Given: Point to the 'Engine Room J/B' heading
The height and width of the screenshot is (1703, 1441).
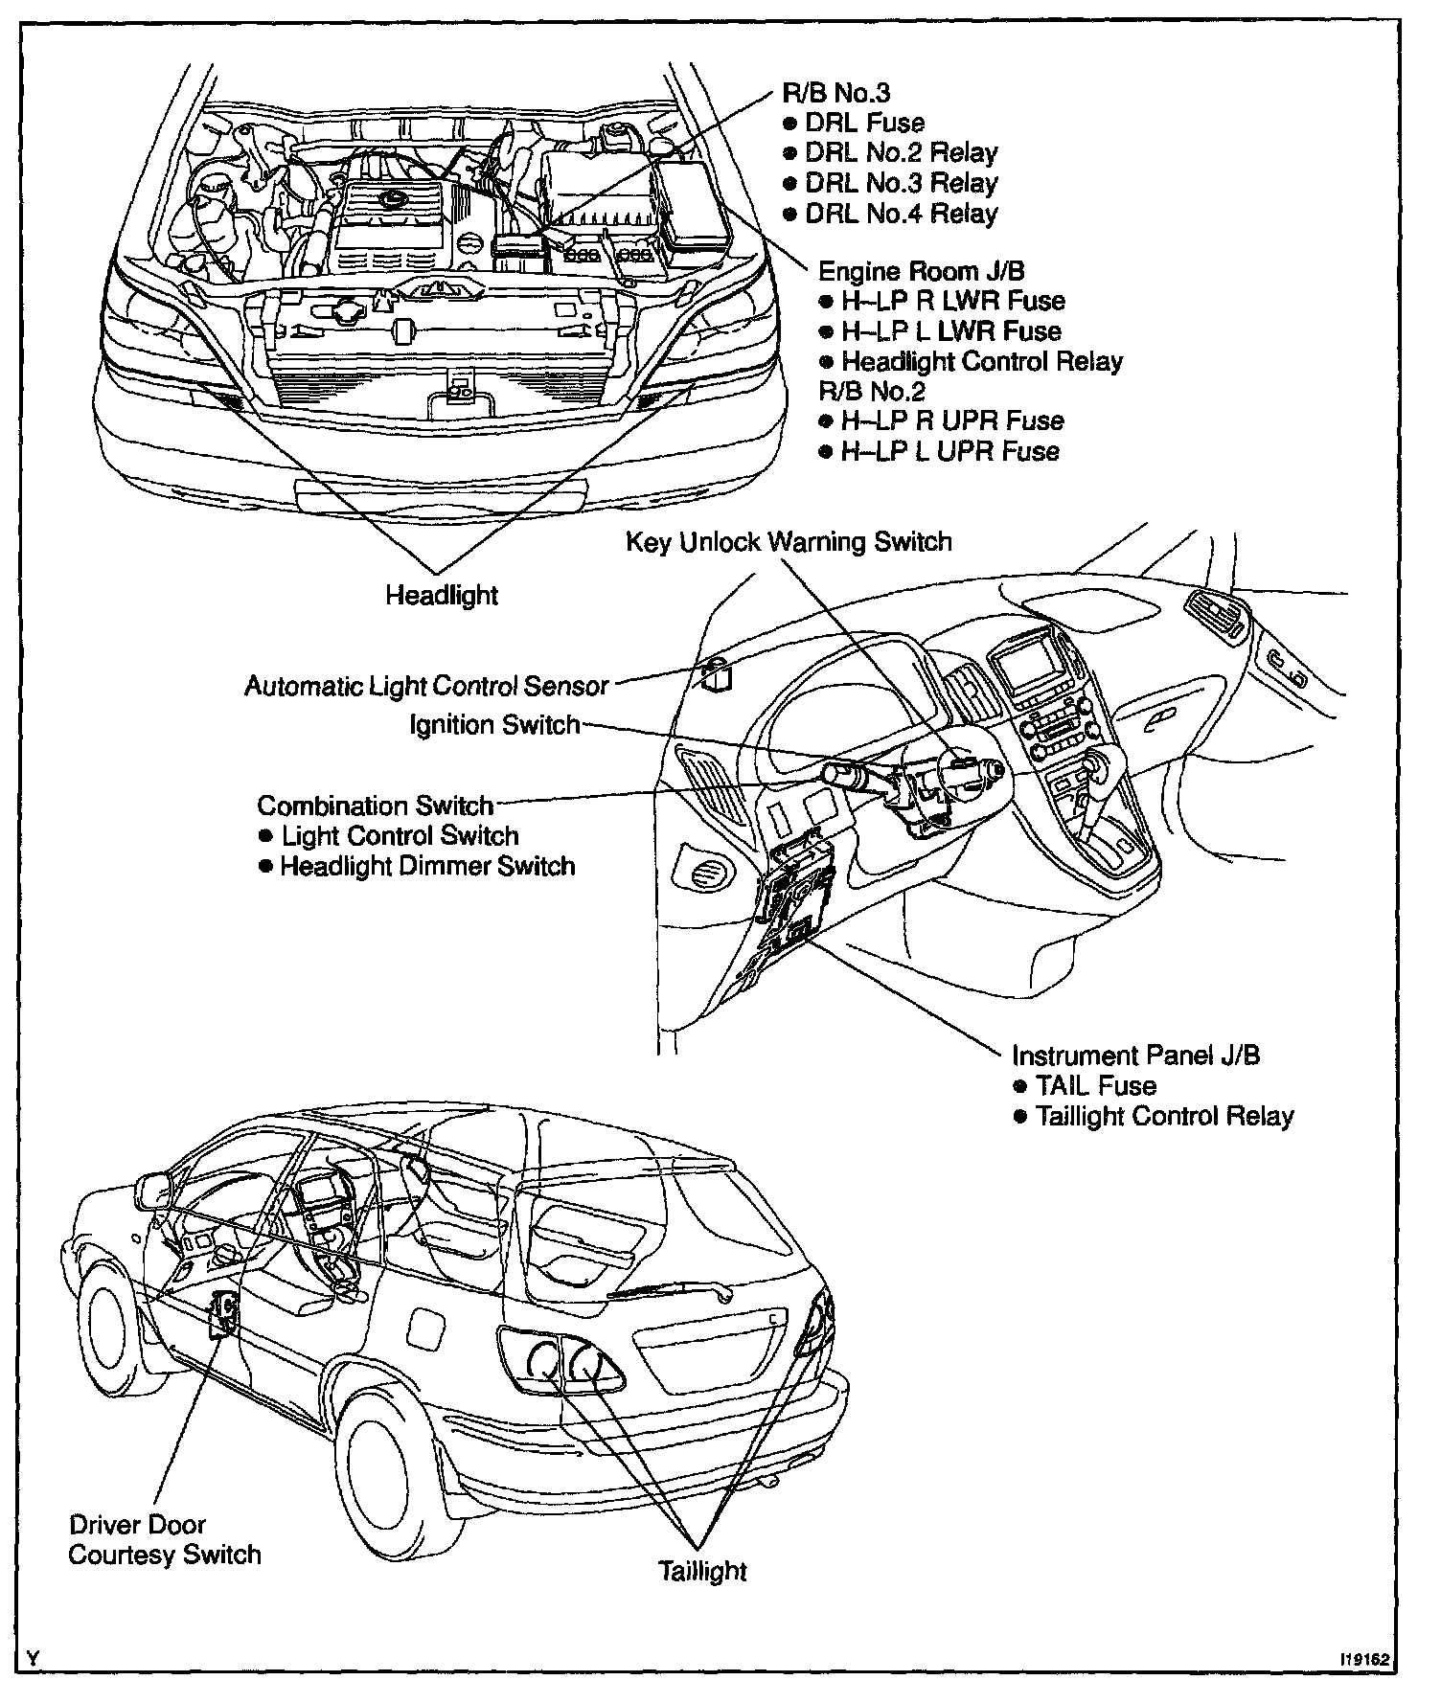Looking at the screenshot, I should click(x=921, y=271).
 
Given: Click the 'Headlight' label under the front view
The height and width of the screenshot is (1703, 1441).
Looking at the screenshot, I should click(x=442, y=595).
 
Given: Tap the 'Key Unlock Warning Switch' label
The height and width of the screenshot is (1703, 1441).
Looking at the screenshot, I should click(x=789, y=542).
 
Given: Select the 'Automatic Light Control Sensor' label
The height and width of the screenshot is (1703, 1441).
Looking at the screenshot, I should click(x=426, y=686).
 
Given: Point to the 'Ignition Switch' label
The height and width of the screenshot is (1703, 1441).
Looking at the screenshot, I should click(x=494, y=724).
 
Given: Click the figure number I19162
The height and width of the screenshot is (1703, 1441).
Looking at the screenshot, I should click(x=1363, y=1660).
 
